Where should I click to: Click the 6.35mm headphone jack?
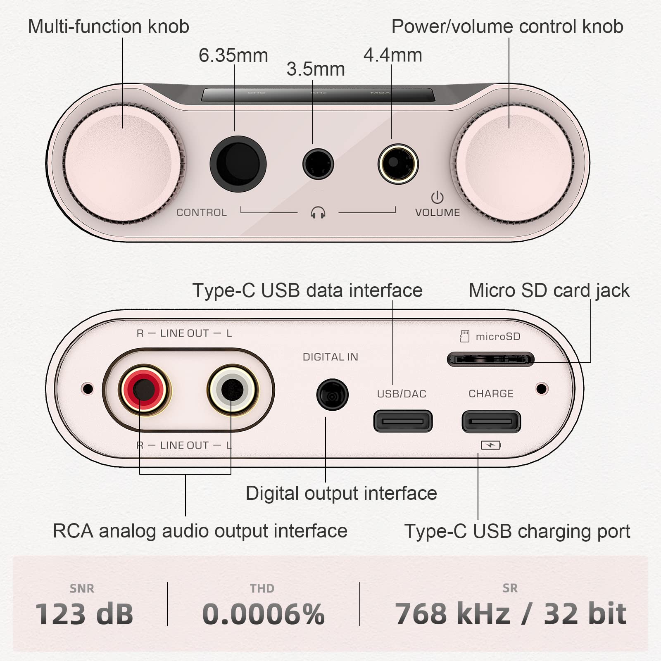[x=238, y=164]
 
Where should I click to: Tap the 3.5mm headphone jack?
[x=318, y=164]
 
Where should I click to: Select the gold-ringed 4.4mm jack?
[x=398, y=164]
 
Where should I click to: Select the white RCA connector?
[x=232, y=390]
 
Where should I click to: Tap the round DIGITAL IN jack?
[x=332, y=395]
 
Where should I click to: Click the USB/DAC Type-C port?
[x=403, y=421]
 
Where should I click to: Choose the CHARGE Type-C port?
[x=491, y=421]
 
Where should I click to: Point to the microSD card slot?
[x=490, y=359]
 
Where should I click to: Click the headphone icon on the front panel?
[x=318, y=213]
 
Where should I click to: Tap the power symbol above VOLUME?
[x=437, y=197]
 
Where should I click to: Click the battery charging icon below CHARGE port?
[x=491, y=445]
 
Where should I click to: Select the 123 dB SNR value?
[x=84, y=614]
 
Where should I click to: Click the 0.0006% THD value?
[x=264, y=614]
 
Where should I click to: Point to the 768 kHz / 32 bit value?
[x=511, y=614]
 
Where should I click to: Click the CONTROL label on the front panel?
[x=202, y=212]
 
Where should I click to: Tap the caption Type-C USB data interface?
[x=307, y=290]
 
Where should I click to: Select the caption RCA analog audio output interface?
[x=200, y=531]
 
